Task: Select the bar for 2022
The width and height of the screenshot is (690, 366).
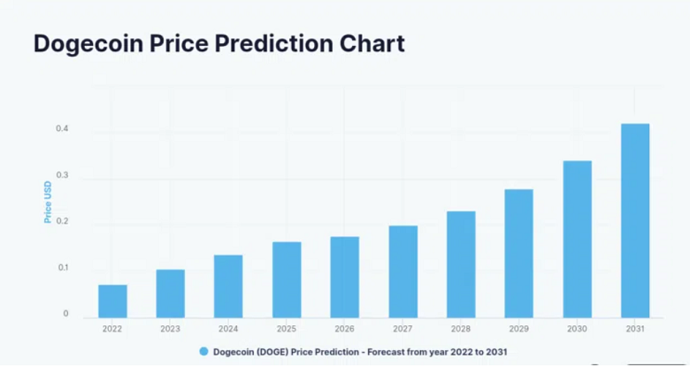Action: click(112, 301)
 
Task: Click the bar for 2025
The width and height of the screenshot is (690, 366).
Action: click(287, 279)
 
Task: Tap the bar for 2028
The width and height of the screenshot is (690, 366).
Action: click(461, 264)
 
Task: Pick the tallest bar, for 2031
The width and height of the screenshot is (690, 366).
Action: click(635, 220)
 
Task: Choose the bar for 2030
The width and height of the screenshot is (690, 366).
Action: click(577, 239)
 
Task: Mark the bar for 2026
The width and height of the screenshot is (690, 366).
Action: click(345, 277)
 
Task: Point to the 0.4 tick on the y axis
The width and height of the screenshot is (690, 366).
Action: click(63, 130)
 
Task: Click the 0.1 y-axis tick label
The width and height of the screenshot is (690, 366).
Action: click(63, 268)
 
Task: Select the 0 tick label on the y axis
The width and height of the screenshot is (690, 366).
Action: click(65, 314)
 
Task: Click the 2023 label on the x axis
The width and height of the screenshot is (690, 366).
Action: click(170, 329)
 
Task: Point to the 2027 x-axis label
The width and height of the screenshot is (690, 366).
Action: click(402, 329)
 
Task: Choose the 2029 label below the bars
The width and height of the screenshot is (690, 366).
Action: click(518, 329)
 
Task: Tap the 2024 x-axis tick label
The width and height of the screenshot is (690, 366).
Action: click(228, 329)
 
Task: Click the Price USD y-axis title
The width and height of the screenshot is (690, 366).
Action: click(48, 201)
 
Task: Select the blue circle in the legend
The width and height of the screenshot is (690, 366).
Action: click(203, 352)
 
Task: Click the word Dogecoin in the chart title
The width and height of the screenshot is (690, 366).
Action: click(92, 43)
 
